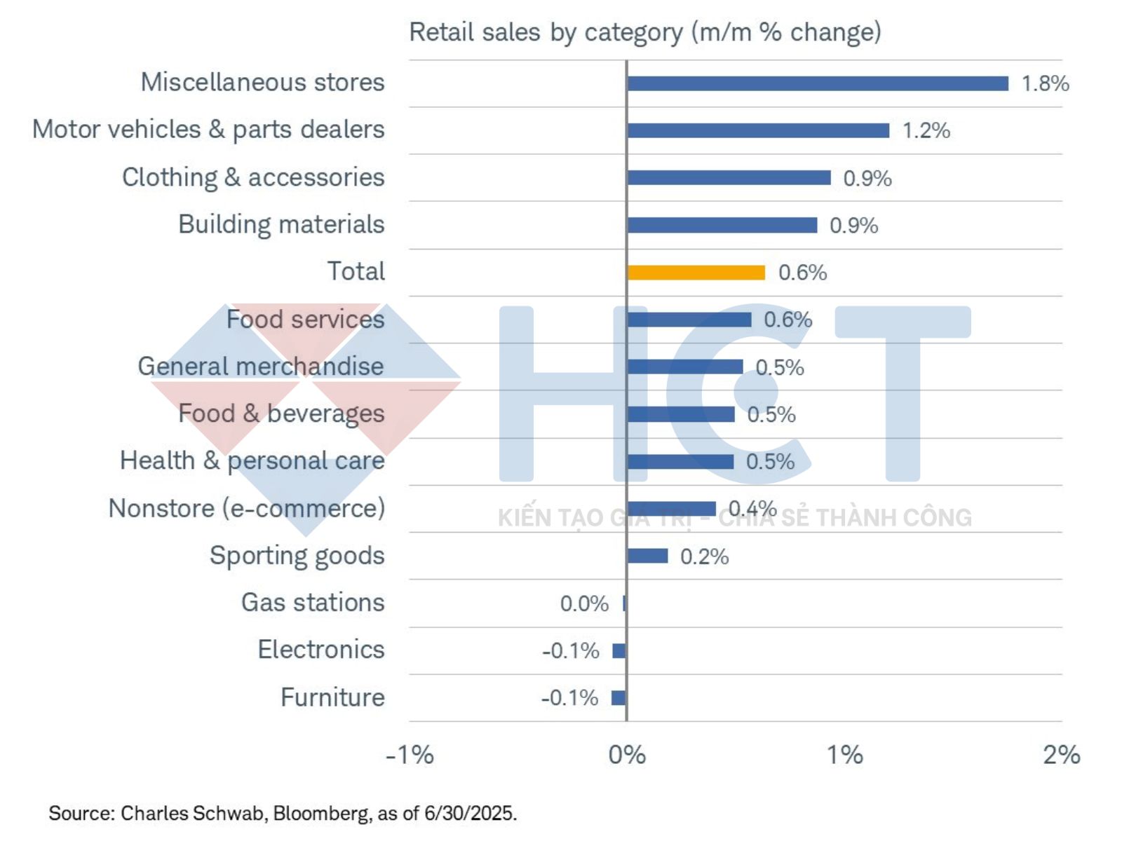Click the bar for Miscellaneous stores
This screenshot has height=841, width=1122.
818,83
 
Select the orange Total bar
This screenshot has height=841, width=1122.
696,272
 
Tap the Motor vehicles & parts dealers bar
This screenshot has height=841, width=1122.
758,130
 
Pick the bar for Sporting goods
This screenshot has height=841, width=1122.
648,556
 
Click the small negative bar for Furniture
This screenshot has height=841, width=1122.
619,697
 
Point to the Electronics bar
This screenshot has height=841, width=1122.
619,650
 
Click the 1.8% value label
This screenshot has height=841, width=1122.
1045,83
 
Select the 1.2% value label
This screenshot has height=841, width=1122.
926,130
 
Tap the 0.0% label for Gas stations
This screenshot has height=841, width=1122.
584,603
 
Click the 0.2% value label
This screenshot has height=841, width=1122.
704,556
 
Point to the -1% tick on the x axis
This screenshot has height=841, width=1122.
410,755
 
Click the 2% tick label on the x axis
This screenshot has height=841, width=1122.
1061,755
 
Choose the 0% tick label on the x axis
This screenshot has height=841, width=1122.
627,755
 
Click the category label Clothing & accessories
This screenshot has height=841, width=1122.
253,177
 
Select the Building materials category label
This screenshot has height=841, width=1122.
281,224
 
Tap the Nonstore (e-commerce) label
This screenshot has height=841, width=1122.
247,508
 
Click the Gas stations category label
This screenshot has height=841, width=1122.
313,603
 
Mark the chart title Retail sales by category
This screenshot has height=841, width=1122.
644,32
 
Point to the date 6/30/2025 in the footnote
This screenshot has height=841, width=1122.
470,813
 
